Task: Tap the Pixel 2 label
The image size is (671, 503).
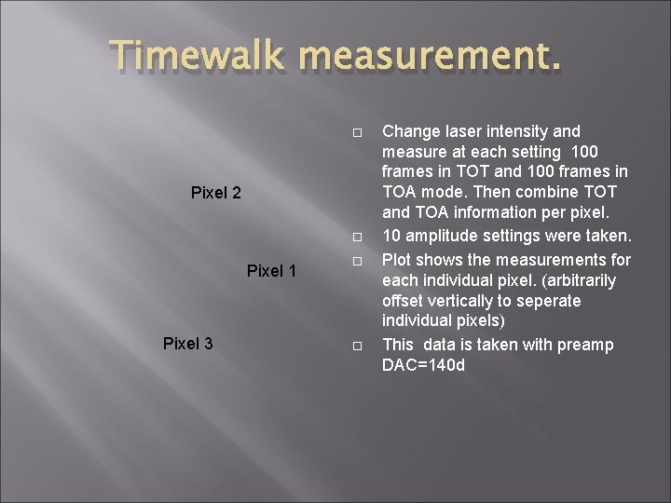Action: click(215, 194)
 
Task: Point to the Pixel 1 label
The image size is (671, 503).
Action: click(271, 271)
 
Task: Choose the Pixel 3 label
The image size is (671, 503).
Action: click(187, 344)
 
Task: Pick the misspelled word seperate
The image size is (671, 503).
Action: click(549, 301)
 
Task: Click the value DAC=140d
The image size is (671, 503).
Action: click(423, 365)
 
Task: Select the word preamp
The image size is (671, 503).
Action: click(585, 345)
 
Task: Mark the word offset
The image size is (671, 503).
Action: click(404, 301)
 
